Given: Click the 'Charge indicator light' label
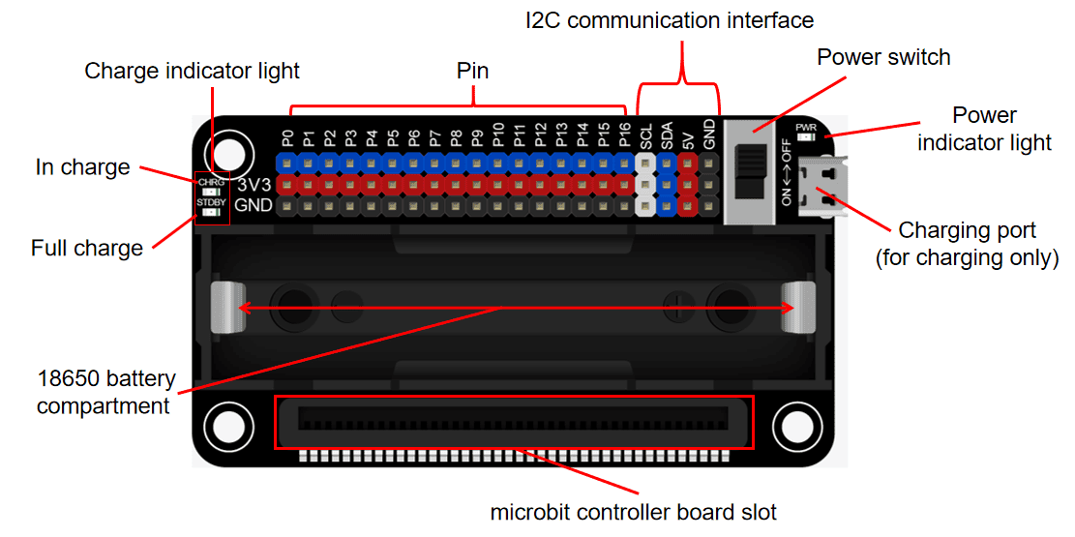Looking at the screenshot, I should [192, 71].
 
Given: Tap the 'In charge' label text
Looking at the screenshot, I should [82, 167].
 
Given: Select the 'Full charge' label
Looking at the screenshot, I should [87, 248].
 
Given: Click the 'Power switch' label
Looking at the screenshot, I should [883, 57].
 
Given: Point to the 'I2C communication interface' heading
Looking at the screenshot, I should [669, 19].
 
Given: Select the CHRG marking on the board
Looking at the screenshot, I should [211, 181].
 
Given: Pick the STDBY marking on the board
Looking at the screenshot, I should [211, 202].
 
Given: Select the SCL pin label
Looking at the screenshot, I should [646, 134].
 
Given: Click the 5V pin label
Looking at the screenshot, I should [688, 139].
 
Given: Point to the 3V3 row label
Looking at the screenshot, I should [254, 184].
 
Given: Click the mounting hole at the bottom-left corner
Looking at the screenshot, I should [227, 426].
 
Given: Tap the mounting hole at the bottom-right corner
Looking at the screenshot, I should [795, 426].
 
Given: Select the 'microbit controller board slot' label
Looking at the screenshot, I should [633, 512].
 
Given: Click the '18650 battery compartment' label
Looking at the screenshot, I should [104, 392].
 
